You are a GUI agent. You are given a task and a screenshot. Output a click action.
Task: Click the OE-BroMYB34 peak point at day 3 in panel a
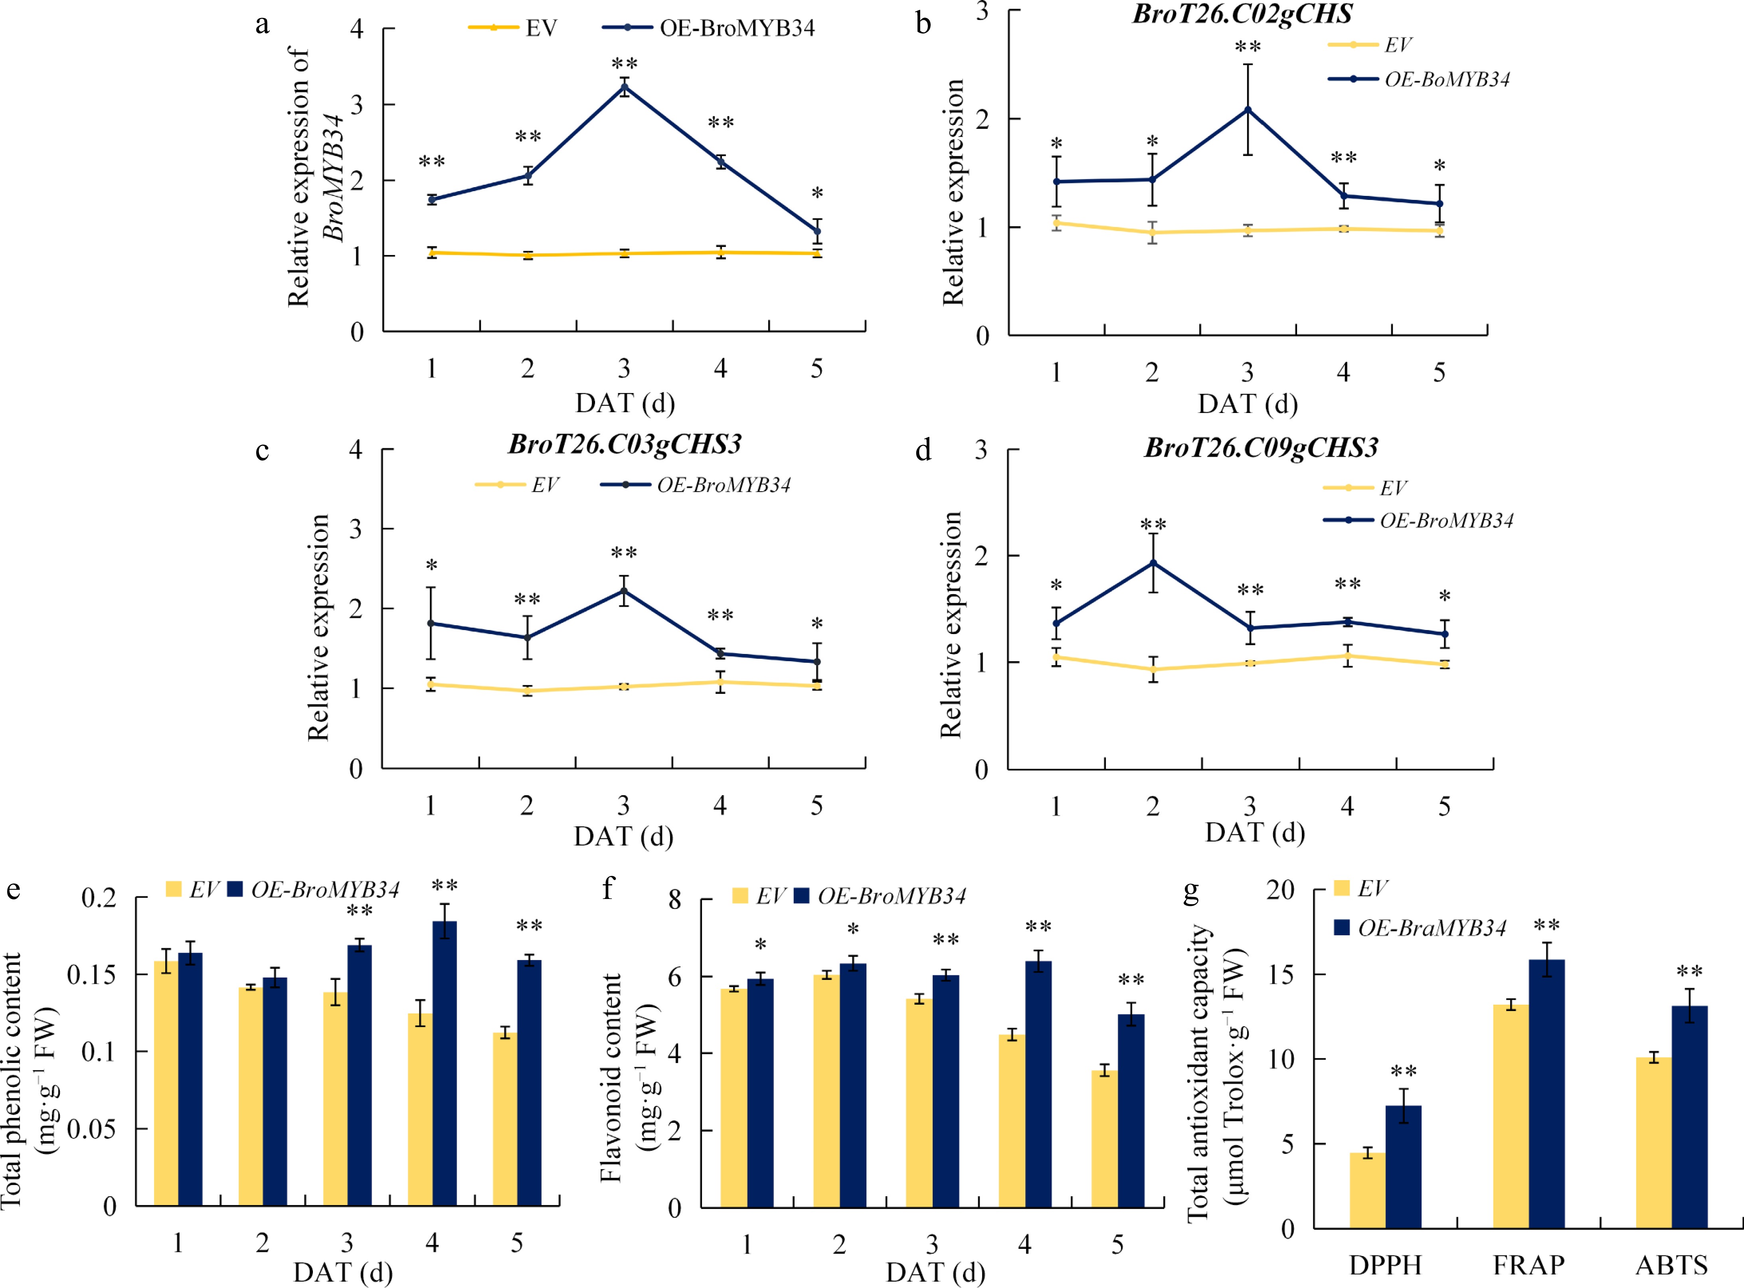[x=625, y=87]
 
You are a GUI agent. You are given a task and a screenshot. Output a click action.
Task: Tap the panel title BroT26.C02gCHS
[x=1243, y=14]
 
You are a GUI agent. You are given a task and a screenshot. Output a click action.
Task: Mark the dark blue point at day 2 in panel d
[x=1153, y=563]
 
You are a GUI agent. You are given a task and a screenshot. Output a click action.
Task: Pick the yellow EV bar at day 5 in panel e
[x=504, y=1120]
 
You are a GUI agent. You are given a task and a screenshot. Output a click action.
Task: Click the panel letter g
[x=1190, y=890]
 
